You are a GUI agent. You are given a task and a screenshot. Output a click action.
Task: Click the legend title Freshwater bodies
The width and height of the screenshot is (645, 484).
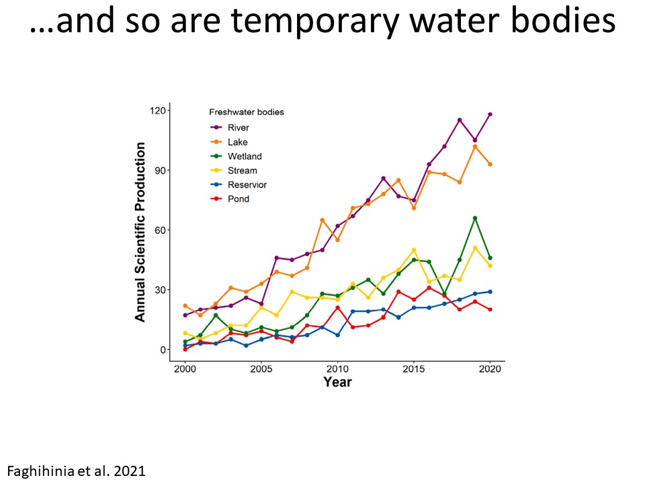pyautogui.click(x=246, y=112)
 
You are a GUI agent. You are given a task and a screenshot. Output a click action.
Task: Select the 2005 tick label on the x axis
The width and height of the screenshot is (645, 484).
pyautogui.click(x=261, y=369)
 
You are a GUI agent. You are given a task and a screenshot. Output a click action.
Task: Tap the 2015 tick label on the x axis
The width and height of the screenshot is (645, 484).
pyautogui.click(x=414, y=369)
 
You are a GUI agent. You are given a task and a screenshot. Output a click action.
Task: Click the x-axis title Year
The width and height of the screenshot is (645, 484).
pyautogui.click(x=337, y=382)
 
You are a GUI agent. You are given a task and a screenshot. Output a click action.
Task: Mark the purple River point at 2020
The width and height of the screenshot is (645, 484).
pyautogui.click(x=490, y=114)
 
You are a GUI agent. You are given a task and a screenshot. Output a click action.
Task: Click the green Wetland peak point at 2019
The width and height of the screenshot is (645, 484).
pyautogui.click(x=475, y=218)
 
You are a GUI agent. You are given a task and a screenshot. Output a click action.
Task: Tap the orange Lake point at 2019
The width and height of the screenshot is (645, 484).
pyautogui.click(x=475, y=147)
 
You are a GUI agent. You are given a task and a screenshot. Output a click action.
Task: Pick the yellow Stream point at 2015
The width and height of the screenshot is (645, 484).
pyautogui.click(x=414, y=250)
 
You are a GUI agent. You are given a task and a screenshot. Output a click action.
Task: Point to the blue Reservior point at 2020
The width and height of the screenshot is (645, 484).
pyautogui.click(x=490, y=292)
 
